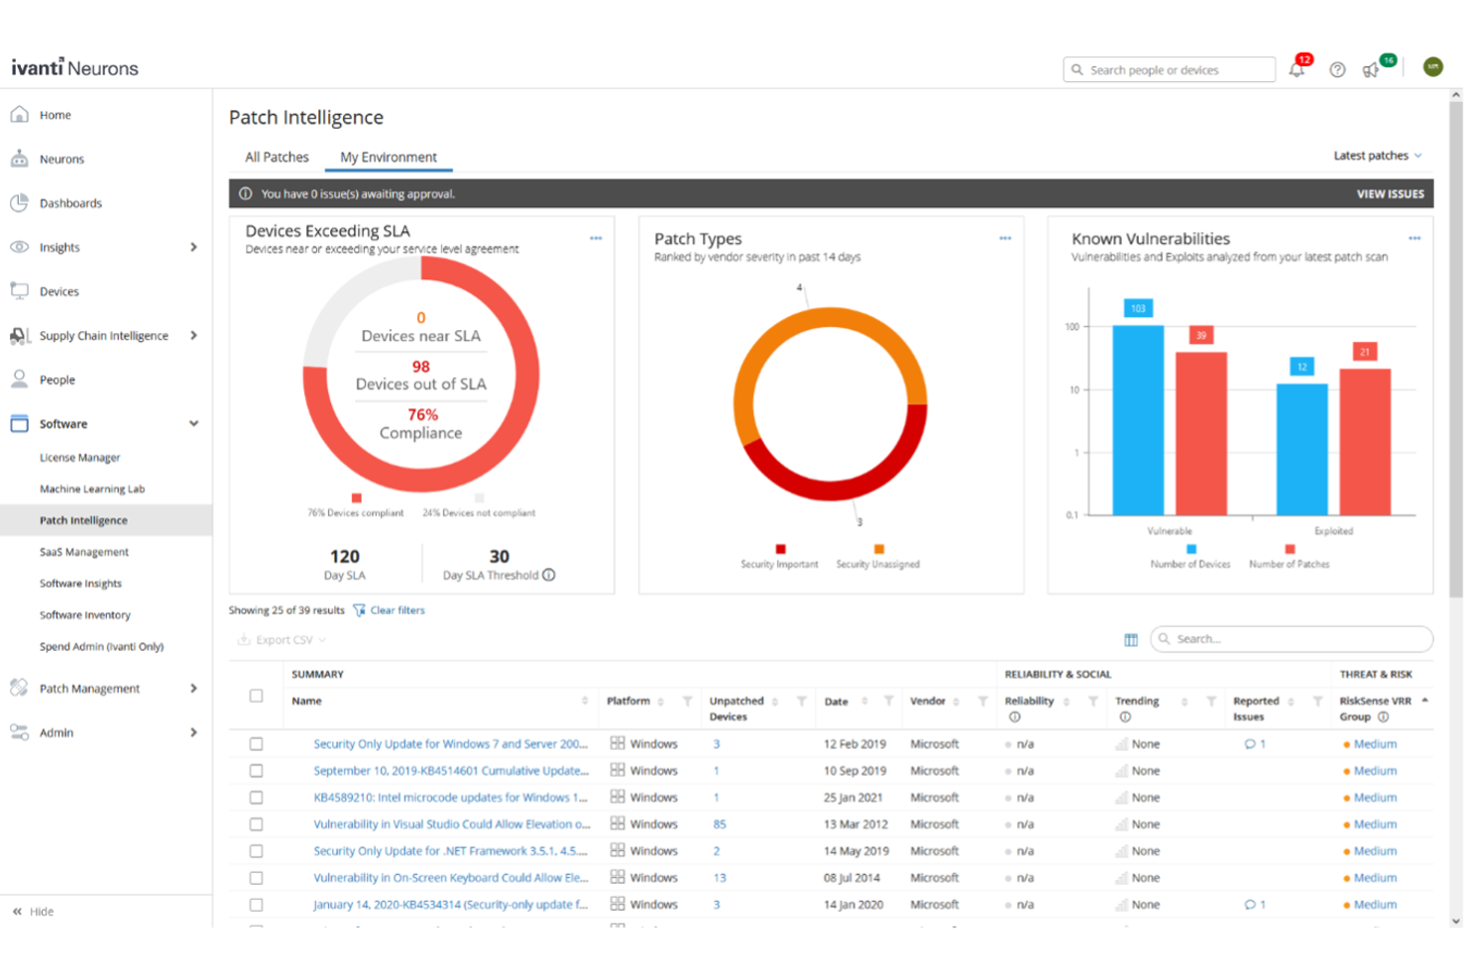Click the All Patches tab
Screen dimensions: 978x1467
point(277,157)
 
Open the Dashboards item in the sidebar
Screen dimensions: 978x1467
point(70,203)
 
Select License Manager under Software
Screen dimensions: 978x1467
point(79,458)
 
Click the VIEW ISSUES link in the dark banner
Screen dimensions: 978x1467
point(1390,194)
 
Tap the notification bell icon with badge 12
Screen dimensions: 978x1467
point(1297,69)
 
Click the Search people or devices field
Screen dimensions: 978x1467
point(1170,69)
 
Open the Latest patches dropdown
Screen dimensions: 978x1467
point(1377,156)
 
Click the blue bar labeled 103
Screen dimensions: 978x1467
point(1138,416)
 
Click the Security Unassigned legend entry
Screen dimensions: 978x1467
point(877,564)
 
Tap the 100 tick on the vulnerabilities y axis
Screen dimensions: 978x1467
point(1072,326)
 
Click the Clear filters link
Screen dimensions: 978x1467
point(396,610)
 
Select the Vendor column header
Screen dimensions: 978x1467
point(928,702)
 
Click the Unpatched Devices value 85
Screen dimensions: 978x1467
point(720,824)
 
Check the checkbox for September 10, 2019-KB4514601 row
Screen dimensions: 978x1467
point(256,771)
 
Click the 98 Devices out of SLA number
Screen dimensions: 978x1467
point(420,367)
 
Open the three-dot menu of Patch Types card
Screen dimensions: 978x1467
point(1005,238)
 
